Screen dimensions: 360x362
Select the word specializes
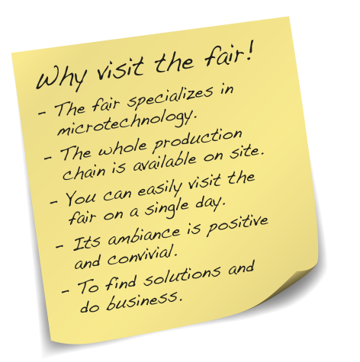coord(170,98)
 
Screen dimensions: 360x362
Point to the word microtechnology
coord(127,123)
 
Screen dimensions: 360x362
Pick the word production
coord(198,140)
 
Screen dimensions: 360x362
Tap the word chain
coord(84,172)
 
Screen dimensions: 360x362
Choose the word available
coord(165,162)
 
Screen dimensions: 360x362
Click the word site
coord(246,153)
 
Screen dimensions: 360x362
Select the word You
coord(81,197)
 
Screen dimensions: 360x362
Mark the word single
coord(167,209)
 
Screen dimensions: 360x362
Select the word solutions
coord(182,276)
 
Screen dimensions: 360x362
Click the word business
coord(144,301)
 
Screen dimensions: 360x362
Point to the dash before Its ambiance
coord(59,246)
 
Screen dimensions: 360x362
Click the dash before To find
coord(66,290)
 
